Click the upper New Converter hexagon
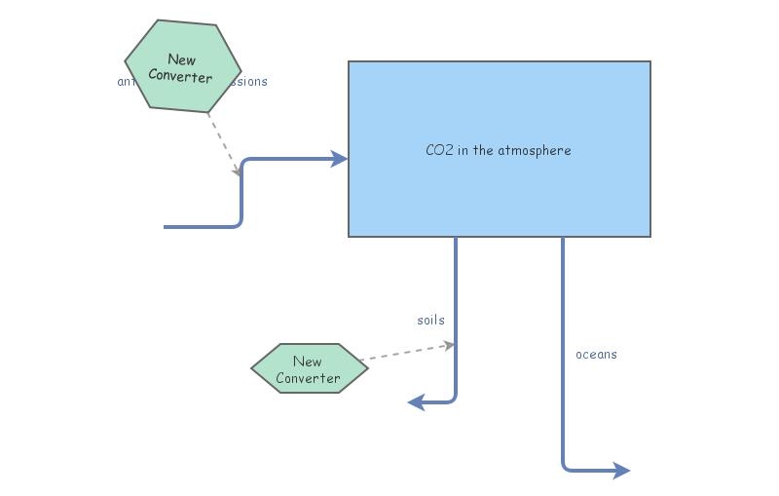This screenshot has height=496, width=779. [x=183, y=66]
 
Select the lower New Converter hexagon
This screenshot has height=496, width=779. [x=309, y=368]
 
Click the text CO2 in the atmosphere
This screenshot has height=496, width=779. [x=498, y=150]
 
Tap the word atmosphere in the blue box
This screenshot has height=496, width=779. [x=534, y=150]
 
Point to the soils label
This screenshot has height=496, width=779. [x=430, y=320]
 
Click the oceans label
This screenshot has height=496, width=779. [x=596, y=354]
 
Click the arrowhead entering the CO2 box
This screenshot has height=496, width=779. [x=339, y=159]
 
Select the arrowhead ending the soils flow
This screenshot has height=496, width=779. [x=417, y=401]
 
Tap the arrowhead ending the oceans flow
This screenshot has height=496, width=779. [x=621, y=471]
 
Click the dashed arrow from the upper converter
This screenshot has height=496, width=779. [x=223, y=143]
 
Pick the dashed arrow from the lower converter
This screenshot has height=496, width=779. [x=404, y=353]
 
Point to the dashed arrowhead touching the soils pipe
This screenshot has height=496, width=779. [x=449, y=345]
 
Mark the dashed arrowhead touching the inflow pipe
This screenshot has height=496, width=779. [x=237, y=172]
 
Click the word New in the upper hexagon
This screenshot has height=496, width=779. [x=181, y=59]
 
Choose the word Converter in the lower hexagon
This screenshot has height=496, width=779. [x=309, y=378]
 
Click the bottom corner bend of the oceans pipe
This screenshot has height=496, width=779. [x=565, y=468]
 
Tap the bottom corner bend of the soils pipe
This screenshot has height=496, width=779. [x=454, y=399]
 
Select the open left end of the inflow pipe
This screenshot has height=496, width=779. [x=167, y=227]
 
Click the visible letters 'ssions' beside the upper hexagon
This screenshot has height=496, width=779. [x=248, y=82]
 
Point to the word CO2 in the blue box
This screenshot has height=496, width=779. [x=439, y=150]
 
